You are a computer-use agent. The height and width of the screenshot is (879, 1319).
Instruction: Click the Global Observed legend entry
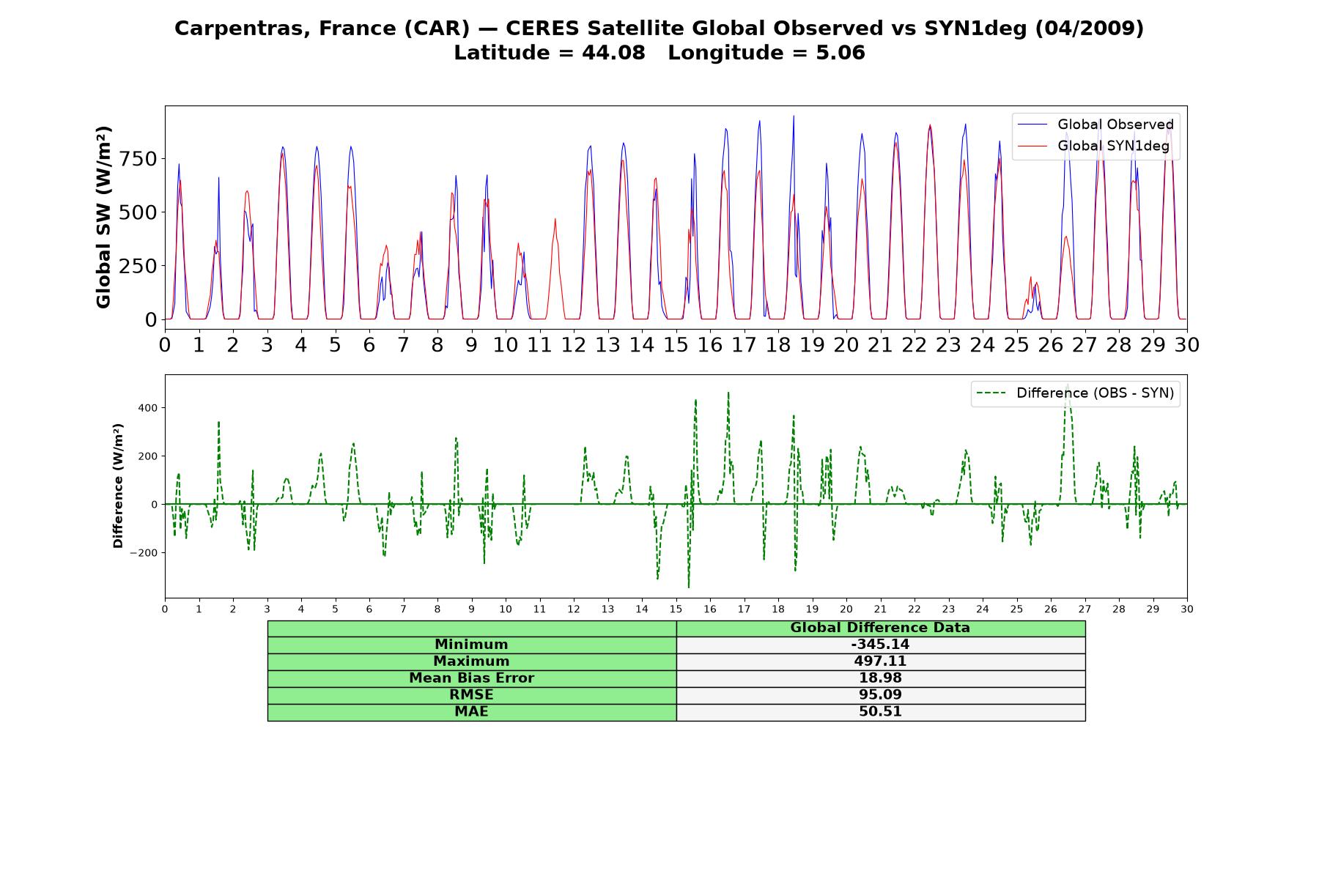1096,125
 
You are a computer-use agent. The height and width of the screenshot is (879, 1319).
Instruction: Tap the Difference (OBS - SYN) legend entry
1076,393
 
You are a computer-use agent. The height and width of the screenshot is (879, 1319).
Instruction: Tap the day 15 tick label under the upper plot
676,344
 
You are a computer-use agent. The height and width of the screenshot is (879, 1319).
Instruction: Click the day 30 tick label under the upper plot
1186,344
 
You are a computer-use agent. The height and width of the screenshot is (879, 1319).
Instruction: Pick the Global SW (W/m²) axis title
103,218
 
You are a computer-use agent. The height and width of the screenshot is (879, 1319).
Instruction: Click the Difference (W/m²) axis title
118,486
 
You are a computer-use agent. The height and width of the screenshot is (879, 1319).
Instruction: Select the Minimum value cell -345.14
880,645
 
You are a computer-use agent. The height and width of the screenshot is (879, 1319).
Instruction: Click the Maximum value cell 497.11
880,661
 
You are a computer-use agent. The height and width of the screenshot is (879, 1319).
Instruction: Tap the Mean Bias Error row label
471,678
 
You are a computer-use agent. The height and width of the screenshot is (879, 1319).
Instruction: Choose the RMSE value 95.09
880,695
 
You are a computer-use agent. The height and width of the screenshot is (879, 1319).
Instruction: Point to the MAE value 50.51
880,712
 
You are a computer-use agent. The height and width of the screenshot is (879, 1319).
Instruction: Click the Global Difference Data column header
880,628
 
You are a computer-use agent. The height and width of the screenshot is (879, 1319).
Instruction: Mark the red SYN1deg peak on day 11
555,218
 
